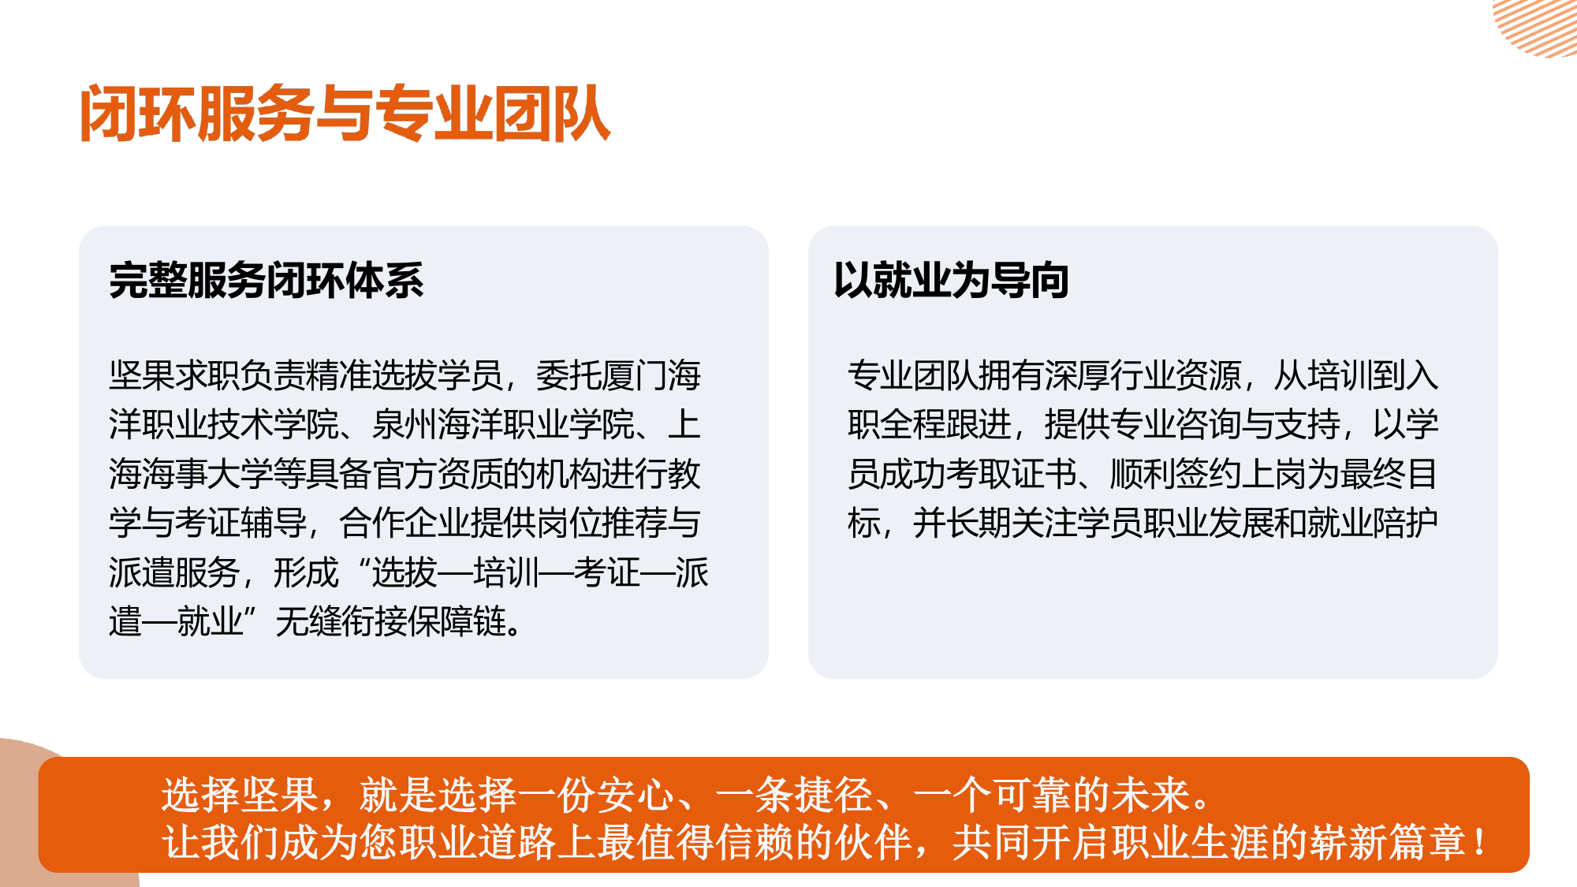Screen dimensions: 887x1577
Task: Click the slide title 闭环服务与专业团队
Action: (x=345, y=114)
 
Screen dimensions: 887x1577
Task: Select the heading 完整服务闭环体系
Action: (x=267, y=281)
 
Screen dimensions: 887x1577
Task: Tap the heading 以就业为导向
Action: (x=951, y=281)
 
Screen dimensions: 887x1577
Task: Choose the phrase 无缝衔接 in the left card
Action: (x=340, y=622)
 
